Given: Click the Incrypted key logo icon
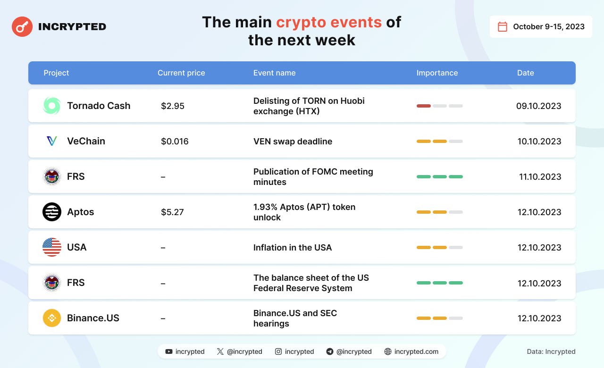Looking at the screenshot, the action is pyautogui.click(x=22, y=26).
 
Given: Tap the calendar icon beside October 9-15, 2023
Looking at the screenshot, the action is pyautogui.click(x=502, y=26).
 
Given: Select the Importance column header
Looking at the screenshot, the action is pyautogui.click(x=437, y=73).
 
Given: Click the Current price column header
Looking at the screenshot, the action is pyautogui.click(x=181, y=73).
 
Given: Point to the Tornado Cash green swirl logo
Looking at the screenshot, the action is pyautogui.click(x=52, y=106).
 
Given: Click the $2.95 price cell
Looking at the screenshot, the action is pyautogui.click(x=173, y=106).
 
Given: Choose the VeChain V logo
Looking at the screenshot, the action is pyautogui.click(x=52, y=141).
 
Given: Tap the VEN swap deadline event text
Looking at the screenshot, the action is pyautogui.click(x=293, y=141).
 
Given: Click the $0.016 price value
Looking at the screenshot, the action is pyautogui.click(x=175, y=141).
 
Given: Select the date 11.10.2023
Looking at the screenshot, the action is pyautogui.click(x=540, y=176).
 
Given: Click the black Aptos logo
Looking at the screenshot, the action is pyautogui.click(x=52, y=212).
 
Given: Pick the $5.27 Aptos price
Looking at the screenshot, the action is pyautogui.click(x=172, y=212).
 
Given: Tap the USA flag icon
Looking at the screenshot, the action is pyautogui.click(x=52, y=247).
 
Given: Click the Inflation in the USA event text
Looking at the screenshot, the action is pyautogui.click(x=292, y=248).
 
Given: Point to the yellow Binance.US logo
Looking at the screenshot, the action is pyautogui.click(x=52, y=318).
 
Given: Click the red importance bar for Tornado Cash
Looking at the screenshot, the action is pyautogui.click(x=424, y=106).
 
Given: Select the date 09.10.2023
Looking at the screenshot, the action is pyautogui.click(x=539, y=106).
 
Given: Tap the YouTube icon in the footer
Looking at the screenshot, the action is pyautogui.click(x=169, y=351).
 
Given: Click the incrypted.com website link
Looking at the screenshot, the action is pyautogui.click(x=416, y=351).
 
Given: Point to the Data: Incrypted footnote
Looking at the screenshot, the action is pyautogui.click(x=551, y=351).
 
